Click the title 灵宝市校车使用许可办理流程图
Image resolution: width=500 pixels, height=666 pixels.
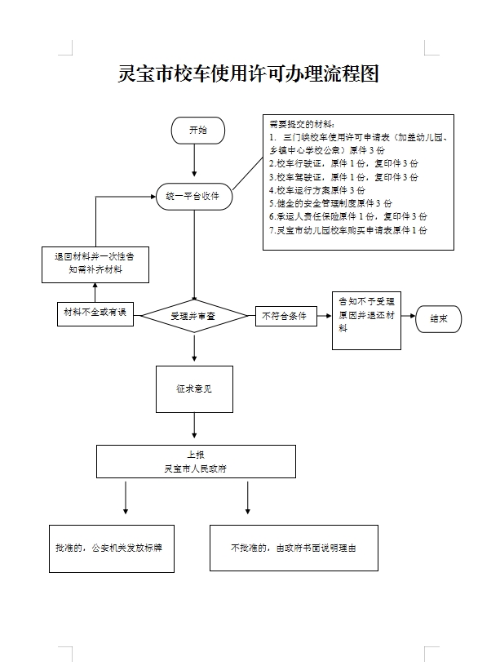click(x=249, y=74)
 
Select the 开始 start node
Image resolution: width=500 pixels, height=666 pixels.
click(x=197, y=131)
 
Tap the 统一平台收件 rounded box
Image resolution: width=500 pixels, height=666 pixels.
click(x=193, y=196)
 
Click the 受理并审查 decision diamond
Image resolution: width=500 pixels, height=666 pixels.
click(x=193, y=315)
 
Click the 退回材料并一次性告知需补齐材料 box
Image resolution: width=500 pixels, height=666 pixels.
click(x=96, y=264)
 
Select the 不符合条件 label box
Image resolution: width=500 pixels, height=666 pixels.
click(x=284, y=315)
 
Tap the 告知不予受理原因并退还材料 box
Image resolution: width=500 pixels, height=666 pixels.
click(x=366, y=320)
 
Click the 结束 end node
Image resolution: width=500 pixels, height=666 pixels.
click(x=438, y=318)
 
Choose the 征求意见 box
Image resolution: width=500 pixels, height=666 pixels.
click(x=194, y=388)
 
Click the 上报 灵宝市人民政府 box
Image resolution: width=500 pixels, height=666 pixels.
click(x=195, y=461)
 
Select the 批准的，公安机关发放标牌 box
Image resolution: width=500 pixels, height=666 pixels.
click(x=110, y=548)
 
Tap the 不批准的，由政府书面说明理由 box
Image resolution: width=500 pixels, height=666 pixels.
click(x=294, y=548)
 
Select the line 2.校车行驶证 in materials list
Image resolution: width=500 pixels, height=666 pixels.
click(x=343, y=163)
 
